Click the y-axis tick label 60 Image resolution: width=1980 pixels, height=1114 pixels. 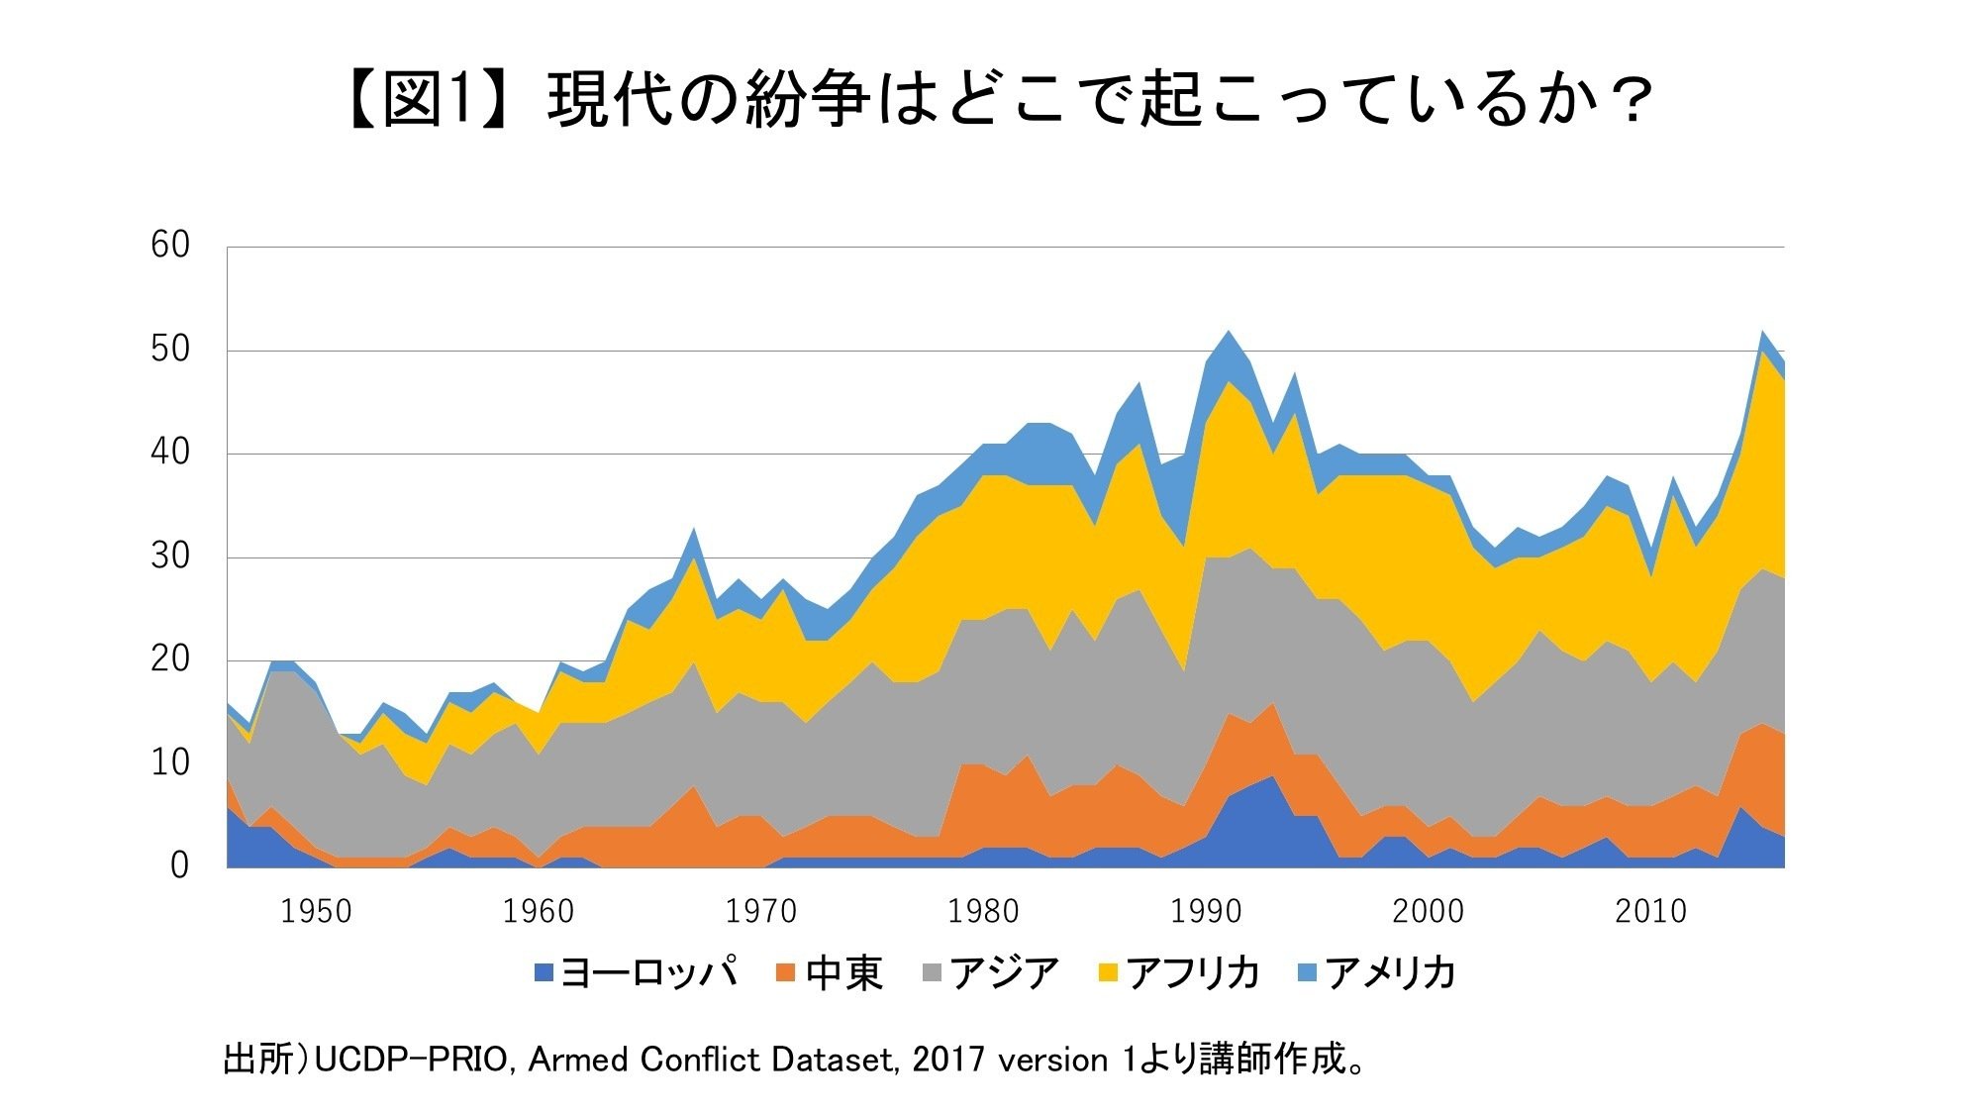tap(169, 245)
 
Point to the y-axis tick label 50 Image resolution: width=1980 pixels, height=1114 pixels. tap(169, 349)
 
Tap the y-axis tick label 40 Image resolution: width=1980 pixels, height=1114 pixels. tap(169, 453)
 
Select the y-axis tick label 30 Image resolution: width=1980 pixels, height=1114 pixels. tap(169, 556)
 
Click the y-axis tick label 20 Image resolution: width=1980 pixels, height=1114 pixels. tap(169, 658)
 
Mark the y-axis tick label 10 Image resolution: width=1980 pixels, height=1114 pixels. tap(169, 762)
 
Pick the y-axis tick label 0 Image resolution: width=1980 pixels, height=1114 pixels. tap(179, 865)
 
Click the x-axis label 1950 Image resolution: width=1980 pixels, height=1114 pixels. tap(316, 911)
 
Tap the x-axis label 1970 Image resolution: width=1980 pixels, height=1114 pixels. tap(760, 911)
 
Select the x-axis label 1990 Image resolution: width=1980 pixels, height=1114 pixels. tap(1205, 911)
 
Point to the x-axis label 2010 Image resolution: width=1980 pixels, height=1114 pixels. tap(1650, 911)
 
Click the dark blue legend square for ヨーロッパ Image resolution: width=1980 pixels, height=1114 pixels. tap(544, 973)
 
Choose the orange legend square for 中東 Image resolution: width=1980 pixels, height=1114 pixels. tap(786, 973)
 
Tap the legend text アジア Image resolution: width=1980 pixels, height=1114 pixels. tap(1005, 973)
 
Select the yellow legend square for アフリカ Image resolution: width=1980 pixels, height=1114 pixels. tap(1108, 973)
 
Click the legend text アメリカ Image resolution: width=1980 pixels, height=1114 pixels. tap(1390, 973)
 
